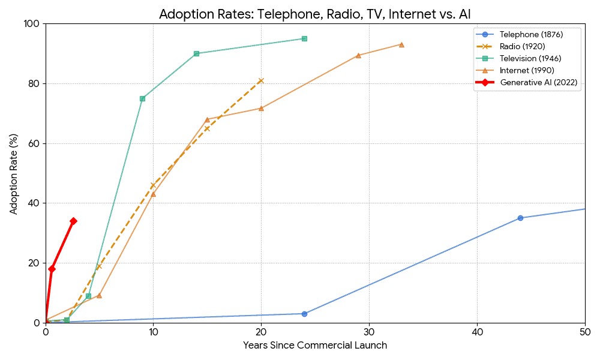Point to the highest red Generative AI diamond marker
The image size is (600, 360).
pos(73,221)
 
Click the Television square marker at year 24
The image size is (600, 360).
pos(304,38)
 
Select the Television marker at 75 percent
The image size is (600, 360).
pos(142,98)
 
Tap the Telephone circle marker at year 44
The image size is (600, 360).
pos(520,218)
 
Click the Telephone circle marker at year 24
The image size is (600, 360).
pos(304,314)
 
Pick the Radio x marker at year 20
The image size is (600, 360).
pos(261,80)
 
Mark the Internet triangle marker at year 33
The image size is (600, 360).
pos(401,44)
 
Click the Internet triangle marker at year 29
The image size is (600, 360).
pos(358,55)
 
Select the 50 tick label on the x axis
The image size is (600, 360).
pos(584,332)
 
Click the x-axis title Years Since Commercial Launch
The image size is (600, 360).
pos(315,346)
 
